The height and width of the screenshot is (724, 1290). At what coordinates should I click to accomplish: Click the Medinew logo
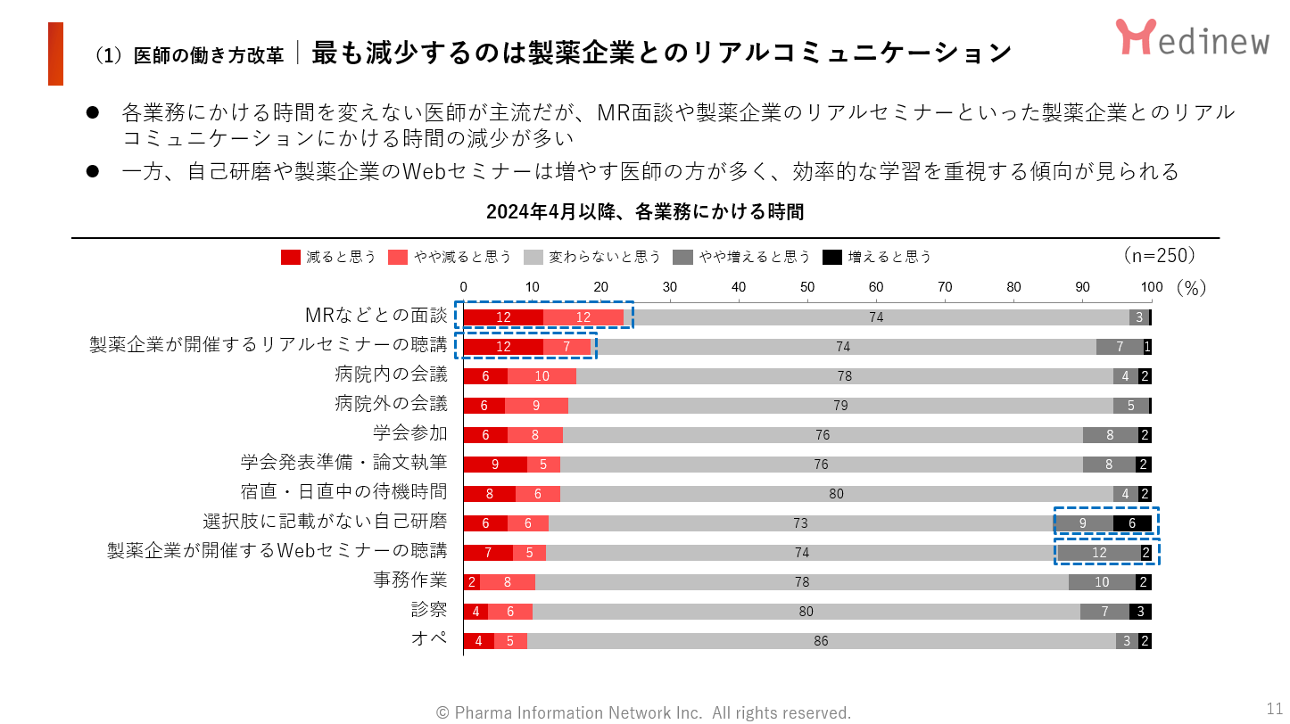1191,37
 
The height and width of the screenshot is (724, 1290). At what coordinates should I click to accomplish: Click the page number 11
1274,708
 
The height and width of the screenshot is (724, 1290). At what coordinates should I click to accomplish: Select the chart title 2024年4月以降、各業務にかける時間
645,212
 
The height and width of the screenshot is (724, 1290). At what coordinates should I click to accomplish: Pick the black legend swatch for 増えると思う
831,257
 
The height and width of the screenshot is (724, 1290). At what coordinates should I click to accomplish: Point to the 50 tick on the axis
807,287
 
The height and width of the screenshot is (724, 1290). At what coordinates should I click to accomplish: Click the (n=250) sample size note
1159,255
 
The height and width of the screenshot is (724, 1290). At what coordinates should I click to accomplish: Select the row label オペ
429,639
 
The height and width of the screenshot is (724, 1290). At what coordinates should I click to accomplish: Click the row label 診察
429,610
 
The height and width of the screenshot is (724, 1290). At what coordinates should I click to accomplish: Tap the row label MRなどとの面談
376,317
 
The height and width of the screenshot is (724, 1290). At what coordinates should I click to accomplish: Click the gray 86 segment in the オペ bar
821,641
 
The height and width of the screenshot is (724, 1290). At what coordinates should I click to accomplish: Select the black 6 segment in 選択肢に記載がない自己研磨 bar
1132,523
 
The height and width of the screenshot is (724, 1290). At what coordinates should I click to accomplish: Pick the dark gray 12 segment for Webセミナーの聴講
1098,553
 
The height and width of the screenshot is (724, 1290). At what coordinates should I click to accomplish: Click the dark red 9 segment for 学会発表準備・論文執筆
495,465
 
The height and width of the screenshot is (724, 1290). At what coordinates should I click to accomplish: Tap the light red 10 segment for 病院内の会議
542,376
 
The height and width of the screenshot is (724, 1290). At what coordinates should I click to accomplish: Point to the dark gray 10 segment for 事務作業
1102,582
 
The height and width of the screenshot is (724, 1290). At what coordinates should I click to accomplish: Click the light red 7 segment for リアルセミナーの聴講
566,347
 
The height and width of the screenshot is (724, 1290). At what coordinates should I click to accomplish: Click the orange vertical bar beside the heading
55,53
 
